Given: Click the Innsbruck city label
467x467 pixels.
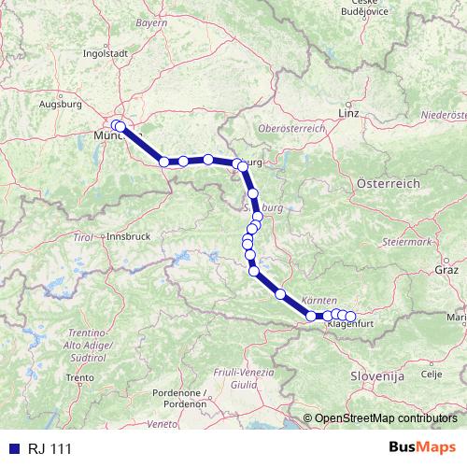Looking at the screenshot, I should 129,237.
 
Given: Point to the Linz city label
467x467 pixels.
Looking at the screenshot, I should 349,112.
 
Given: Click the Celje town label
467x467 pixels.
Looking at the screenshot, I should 431,374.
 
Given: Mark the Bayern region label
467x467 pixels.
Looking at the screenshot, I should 151,21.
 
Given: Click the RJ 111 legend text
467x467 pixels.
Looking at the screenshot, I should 50,450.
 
